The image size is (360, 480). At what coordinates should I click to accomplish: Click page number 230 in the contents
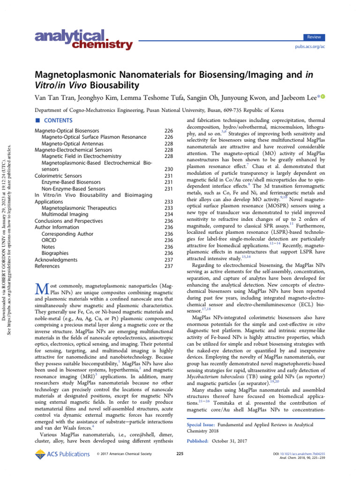pos(169,169)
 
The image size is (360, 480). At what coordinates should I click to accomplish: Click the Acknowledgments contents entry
pos(56,260)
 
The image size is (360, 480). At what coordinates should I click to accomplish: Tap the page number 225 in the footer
pos(180,454)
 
